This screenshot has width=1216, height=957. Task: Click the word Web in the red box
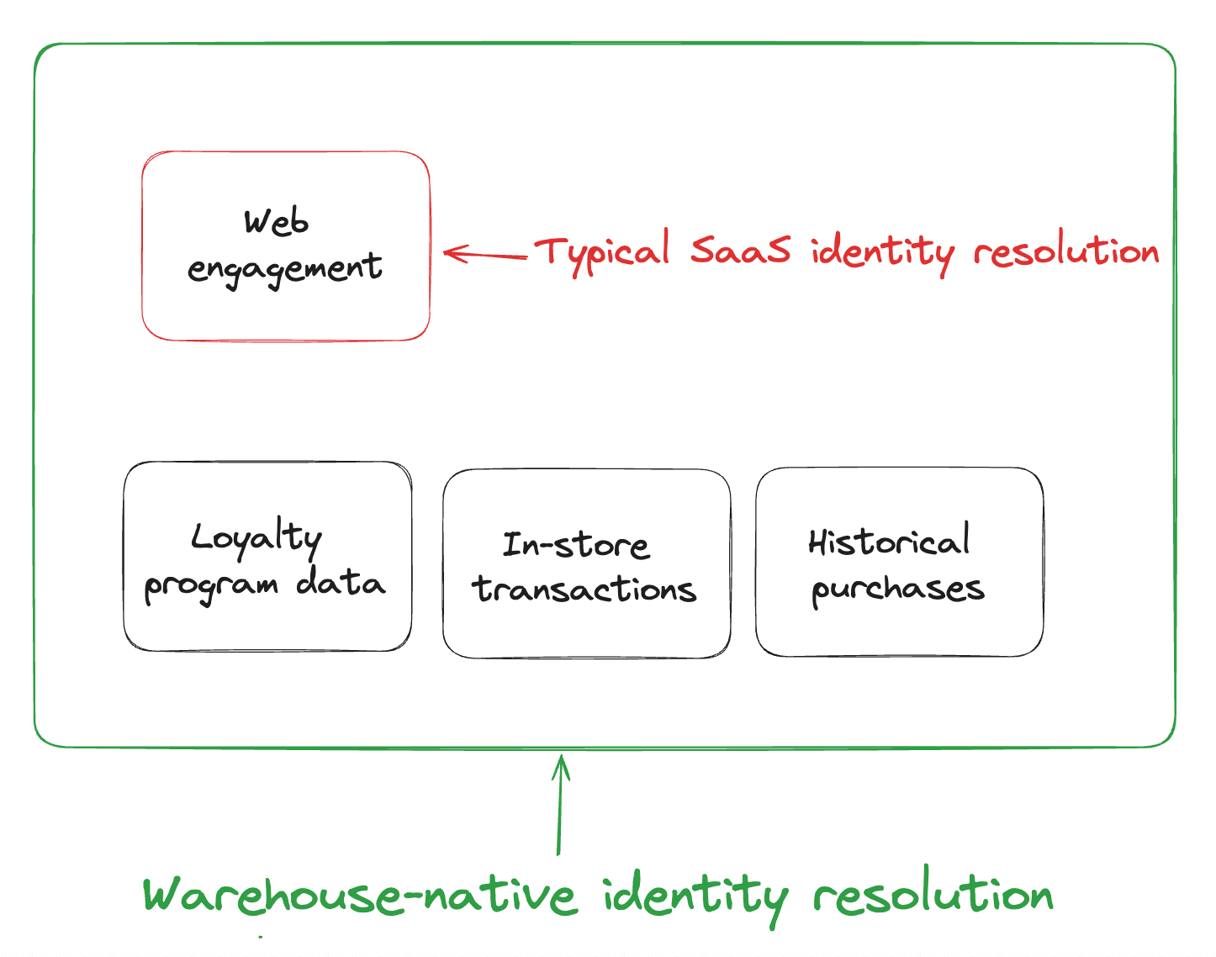click(277, 222)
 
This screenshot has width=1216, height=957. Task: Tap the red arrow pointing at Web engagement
click(486, 254)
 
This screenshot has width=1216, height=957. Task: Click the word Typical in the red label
click(601, 251)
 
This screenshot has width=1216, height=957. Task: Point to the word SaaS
click(740, 250)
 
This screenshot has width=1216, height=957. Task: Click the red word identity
click(882, 251)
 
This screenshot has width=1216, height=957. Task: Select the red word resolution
click(1065, 251)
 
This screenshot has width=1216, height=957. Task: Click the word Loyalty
click(256, 538)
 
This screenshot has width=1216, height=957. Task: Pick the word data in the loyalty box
click(341, 583)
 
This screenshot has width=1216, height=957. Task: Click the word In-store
click(576, 545)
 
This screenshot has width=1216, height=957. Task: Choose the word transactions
click(584, 590)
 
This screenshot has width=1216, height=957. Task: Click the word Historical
click(889, 542)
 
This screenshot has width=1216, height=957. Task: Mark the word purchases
click(897, 590)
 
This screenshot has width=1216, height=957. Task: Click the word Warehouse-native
click(360, 895)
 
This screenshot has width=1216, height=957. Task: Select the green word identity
click(695, 896)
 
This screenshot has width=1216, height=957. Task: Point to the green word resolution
click(933, 895)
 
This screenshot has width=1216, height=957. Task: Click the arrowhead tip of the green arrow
click(562, 757)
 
